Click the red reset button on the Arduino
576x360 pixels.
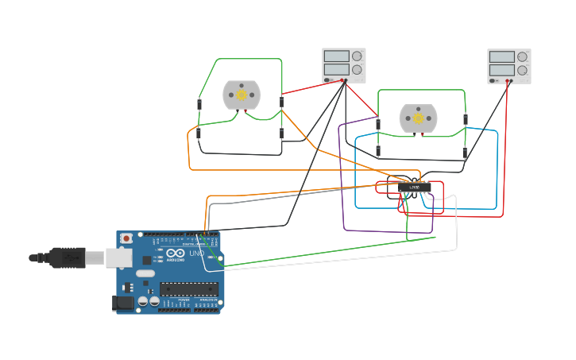[x=124, y=238]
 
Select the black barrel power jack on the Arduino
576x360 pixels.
[x=123, y=302]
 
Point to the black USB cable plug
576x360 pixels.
[x=68, y=257]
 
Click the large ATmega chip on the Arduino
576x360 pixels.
[x=188, y=288]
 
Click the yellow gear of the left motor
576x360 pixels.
[x=242, y=95]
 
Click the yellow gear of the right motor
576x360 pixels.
[x=418, y=118]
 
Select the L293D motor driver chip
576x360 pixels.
[x=415, y=188]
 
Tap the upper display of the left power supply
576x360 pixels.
[x=336, y=56]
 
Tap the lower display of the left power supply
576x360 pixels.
[x=336, y=70]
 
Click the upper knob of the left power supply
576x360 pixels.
[x=357, y=56]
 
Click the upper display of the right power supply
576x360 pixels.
[x=501, y=56]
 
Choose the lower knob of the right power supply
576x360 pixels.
[x=522, y=70]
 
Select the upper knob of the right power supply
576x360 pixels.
[x=522, y=56]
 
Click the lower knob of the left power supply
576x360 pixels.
[x=357, y=70]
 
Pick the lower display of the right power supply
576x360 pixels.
[x=501, y=70]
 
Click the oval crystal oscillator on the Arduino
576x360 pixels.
[x=145, y=273]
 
